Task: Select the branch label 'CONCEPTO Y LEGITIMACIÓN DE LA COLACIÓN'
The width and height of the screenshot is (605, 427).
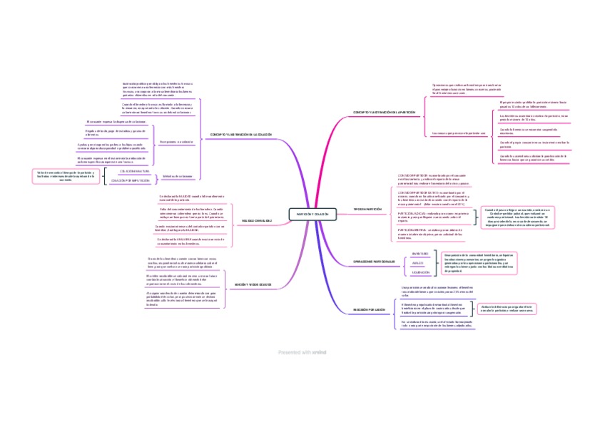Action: click(x=241, y=135)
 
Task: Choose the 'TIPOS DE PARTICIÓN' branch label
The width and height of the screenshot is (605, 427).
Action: click(x=369, y=210)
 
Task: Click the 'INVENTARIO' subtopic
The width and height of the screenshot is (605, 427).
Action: click(x=420, y=254)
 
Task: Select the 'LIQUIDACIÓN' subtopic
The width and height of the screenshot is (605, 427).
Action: click(x=420, y=272)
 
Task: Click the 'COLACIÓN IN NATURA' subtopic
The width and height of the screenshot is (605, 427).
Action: click(x=135, y=172)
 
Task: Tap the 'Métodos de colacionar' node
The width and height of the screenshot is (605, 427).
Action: click(x=178, y=175)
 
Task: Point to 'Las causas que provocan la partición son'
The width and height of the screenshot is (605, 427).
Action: click(x=458, y=133)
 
